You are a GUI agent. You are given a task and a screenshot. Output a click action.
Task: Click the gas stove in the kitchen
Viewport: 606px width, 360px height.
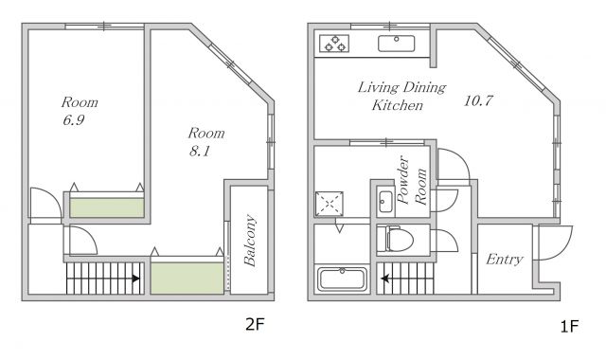tap(334, 44)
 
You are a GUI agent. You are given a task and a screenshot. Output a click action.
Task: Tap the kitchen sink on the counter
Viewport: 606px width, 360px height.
tap(396, 44)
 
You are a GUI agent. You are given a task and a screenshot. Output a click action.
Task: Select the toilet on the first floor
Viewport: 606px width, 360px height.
tap(395, 239)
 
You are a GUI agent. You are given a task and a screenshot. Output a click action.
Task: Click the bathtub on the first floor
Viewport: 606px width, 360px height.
tap(342, 279)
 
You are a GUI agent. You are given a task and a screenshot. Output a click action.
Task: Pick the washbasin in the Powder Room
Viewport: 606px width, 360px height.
tap(385, 202)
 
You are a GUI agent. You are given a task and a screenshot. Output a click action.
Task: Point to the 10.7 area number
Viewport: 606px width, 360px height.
tap(478, 101)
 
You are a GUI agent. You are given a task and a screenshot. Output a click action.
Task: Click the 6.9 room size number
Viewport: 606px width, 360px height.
tap(74, 120)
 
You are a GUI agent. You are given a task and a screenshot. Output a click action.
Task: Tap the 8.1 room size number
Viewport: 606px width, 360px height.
tap(200, 151)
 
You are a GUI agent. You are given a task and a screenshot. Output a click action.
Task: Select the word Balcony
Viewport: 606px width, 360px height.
tap(250, 241)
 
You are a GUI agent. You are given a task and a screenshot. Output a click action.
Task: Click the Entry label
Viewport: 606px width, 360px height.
tap(505, 259)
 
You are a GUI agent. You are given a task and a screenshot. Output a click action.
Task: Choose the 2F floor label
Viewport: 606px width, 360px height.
tap(255, 324)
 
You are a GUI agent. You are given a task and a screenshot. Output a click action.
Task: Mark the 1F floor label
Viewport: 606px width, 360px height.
tap(569, 326)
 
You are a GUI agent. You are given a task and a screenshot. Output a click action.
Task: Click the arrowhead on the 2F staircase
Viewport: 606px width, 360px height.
tap(135, 279)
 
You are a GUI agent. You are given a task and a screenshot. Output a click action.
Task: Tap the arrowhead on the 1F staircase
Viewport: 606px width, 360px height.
tap(384, 279)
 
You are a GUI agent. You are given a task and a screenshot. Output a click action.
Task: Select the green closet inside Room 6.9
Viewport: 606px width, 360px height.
tap(107, 207)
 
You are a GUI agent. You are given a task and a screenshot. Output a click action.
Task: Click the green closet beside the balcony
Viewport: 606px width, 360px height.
tap(187, 278)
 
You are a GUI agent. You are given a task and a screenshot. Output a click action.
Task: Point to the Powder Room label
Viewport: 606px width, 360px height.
tap(413, 181)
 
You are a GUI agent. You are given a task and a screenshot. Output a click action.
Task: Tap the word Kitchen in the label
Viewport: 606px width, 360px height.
tap(398, 105)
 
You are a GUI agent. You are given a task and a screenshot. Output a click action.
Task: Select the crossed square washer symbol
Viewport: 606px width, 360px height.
tap(330, 204)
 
